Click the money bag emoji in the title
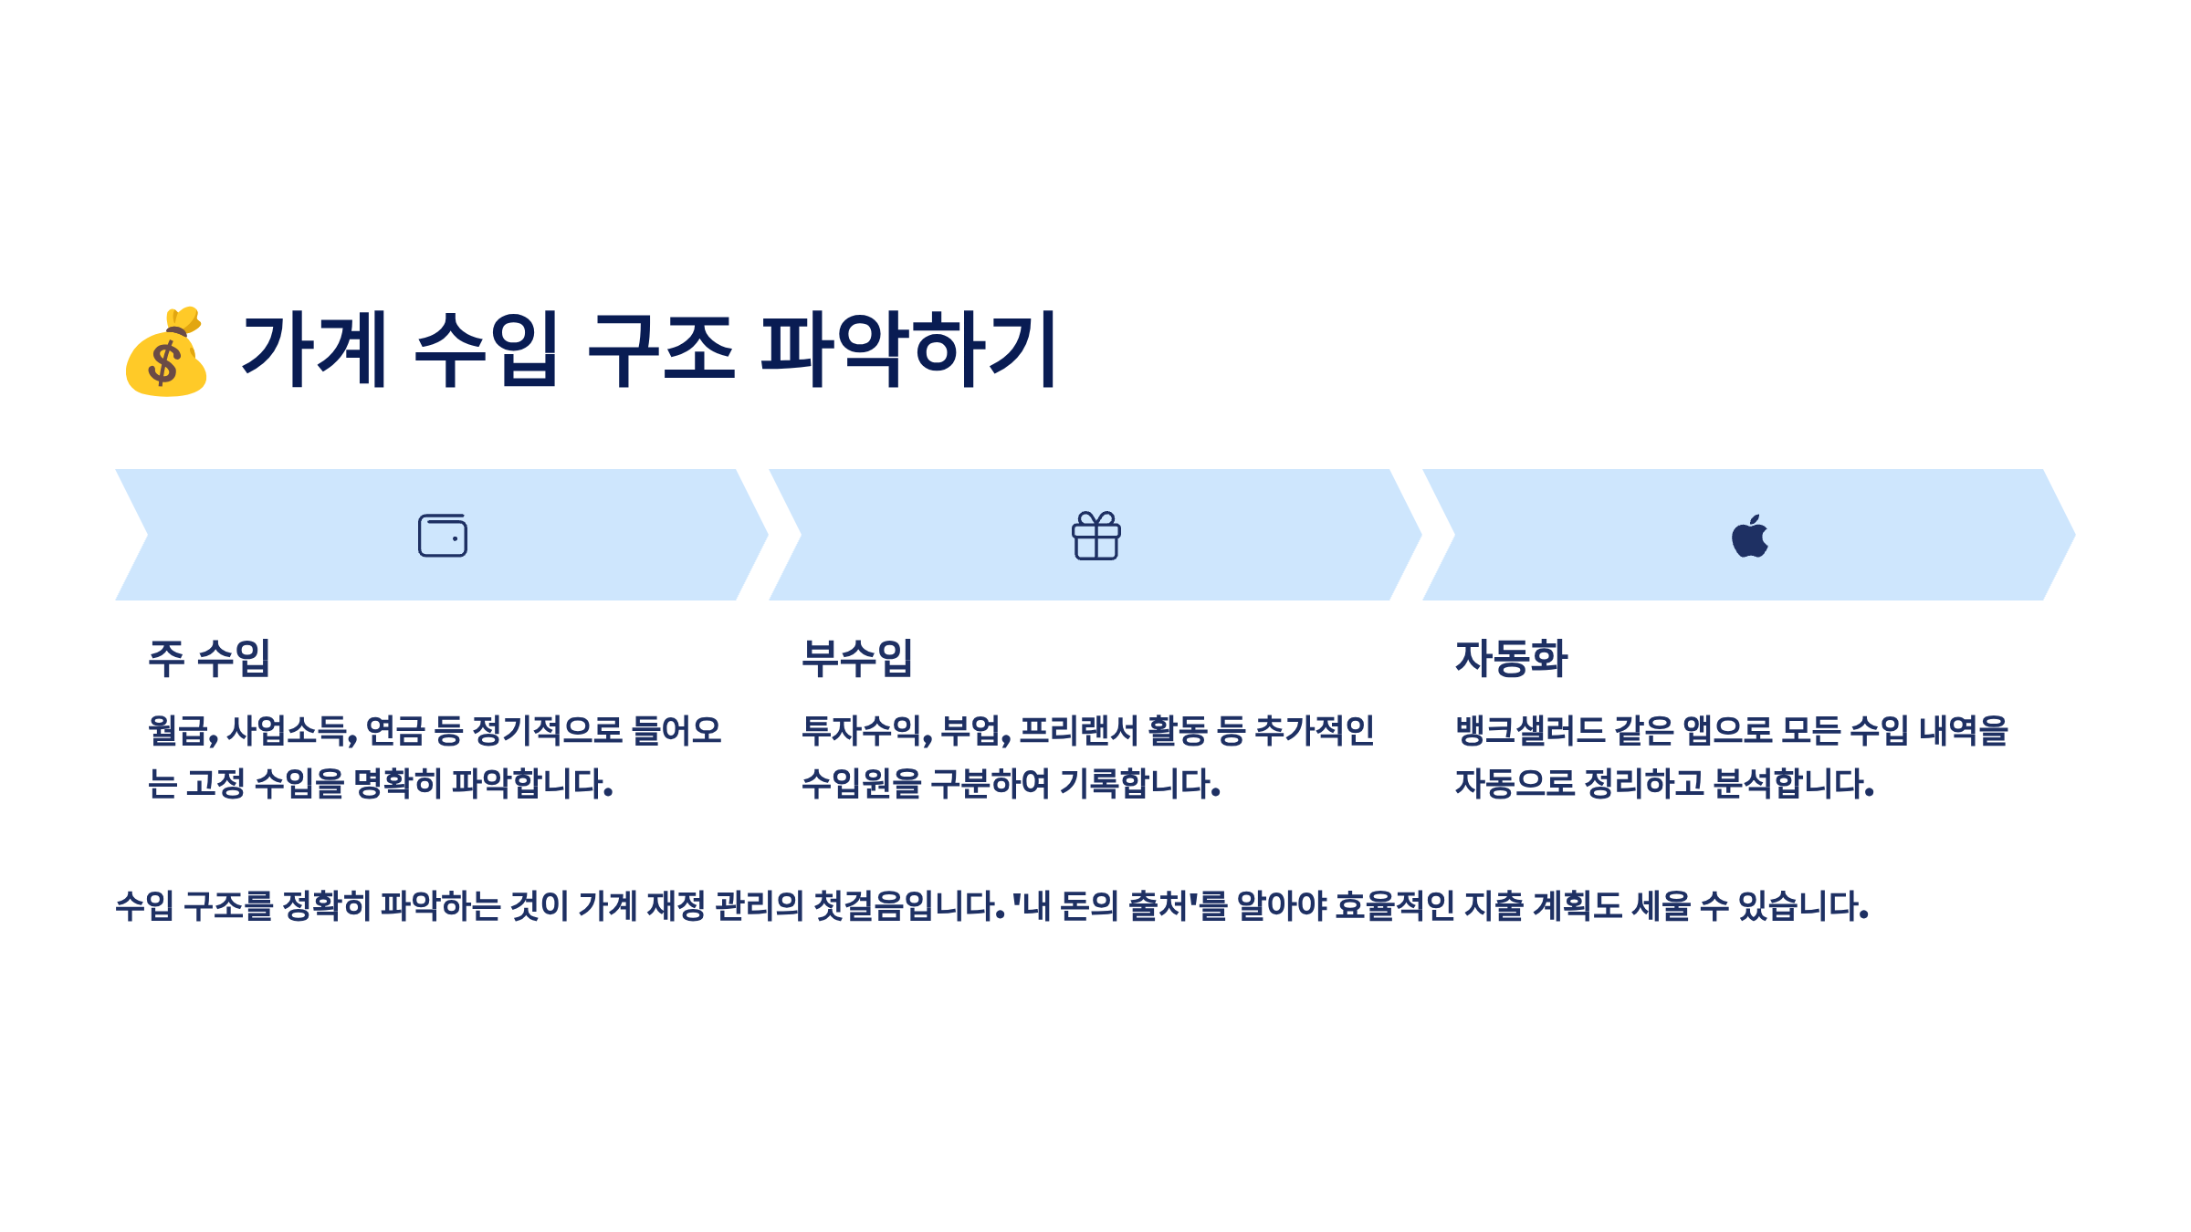166,352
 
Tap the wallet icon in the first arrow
443,536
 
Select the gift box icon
1095,536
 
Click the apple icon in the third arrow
1749,536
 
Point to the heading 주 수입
209,658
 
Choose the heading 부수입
856,658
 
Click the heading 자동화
1511,658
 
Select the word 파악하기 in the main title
908,350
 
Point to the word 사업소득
289,731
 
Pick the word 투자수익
864,731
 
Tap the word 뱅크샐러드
1529,731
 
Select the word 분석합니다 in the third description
1793,784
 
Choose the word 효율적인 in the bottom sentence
1394,906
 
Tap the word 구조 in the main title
660,350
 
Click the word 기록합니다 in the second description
1139,784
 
